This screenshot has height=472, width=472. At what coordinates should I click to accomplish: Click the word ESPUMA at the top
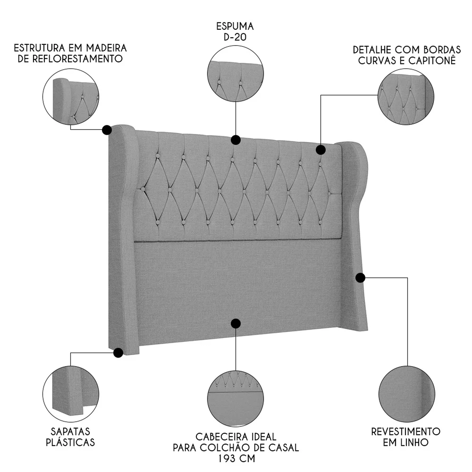[x=235, y=26]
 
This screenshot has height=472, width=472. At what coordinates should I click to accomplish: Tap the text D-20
[x=235, y=37]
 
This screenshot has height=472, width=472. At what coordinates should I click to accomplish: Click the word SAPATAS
[x=70, y=431]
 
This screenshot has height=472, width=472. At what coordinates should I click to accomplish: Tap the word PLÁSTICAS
[x=70, y=442]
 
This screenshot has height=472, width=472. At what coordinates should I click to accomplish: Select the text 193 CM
[x=236, y=458]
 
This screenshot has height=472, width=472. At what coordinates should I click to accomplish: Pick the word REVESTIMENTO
[x=406, y=431]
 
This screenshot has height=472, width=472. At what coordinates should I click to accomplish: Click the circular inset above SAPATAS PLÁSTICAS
[x=71, y=394]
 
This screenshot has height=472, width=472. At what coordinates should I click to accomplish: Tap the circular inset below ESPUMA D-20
[x=236, y=74]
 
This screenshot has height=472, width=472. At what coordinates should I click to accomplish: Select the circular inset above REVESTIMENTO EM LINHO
[x=407, y=394]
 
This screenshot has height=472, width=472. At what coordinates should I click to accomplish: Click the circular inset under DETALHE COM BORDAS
[x=406, y=97]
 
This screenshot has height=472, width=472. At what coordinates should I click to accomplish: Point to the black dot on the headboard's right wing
[x=360, y=278]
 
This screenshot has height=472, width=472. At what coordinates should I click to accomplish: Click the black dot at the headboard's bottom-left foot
[x=118, y=352]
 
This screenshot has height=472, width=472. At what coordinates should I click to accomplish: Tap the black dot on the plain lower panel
[x=236, y=323]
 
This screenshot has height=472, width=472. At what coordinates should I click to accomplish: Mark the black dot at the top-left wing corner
[x=107, y=130]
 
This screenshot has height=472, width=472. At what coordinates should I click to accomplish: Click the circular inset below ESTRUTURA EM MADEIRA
[x=71, y=97]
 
